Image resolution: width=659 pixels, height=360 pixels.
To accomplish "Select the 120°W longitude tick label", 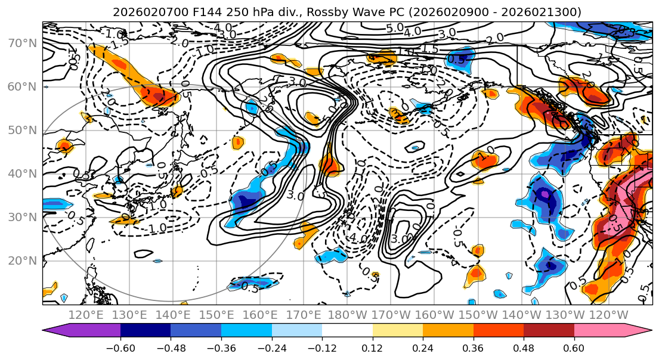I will [608, 315].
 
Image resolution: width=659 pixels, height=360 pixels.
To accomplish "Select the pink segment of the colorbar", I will [599, 331].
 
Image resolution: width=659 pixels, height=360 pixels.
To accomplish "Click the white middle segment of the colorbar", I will [347, 331].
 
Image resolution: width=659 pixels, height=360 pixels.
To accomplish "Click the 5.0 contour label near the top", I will [395, 29].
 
